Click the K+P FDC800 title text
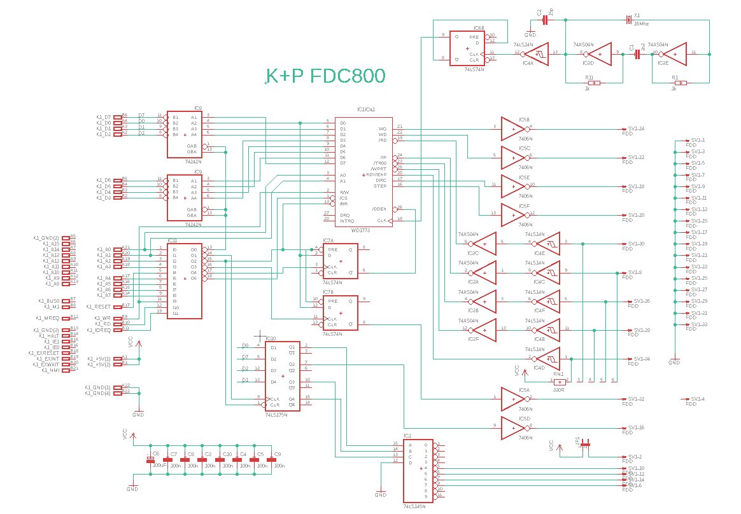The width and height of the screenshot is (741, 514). tap(325, 76)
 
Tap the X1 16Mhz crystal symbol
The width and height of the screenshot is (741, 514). tap(628, 19)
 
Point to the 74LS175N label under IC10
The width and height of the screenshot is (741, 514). tap(276, 414)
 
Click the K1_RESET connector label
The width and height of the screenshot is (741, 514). tap(100, 306)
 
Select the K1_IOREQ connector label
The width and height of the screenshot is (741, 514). tap(99, 330)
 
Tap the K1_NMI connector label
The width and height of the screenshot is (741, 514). tap(52, 370)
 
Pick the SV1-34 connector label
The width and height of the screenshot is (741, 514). tap(637, 359)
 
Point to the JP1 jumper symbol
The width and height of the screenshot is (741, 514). tap(586, 444)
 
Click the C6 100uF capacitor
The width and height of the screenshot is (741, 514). tap(152, 459)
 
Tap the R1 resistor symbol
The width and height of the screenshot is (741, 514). tap(680, 83)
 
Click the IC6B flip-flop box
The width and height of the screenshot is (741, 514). tap(467, 48)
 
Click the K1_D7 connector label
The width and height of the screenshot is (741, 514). tap(104, 117)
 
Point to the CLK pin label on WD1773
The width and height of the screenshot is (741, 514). tap(381, 221)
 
